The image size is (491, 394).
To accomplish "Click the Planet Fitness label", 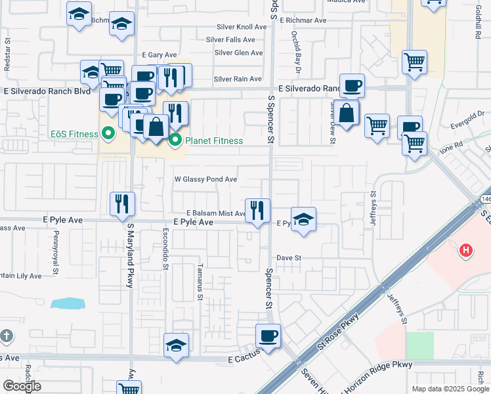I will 214,141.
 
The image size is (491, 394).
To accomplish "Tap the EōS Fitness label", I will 74,134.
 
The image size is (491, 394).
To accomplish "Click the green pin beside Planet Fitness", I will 175,140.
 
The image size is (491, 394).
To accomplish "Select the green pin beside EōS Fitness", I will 109,134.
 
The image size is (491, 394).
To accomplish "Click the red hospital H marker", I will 466,250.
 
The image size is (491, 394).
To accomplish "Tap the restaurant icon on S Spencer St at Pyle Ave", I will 257,210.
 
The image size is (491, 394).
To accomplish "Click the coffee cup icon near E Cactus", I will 268,336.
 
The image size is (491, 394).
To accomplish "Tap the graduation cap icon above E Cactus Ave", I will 176,345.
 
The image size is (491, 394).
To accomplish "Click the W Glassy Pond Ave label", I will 205,179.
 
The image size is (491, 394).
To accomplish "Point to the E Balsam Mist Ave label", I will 216,213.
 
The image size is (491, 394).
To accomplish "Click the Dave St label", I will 288,258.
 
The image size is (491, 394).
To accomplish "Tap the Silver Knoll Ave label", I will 242,28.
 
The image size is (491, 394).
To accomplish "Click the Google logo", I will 22,386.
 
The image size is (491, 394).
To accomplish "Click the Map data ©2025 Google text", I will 450,389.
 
